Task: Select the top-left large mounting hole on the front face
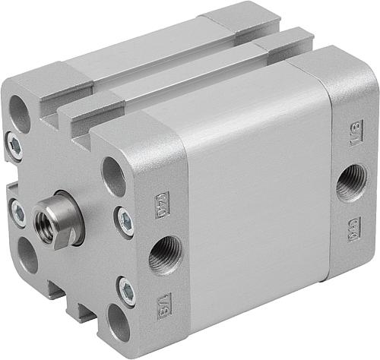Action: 21,114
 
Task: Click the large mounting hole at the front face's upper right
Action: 114,177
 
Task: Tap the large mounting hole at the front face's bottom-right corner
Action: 118,323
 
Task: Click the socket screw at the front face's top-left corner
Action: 14,147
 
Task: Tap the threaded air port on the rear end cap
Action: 351,182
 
